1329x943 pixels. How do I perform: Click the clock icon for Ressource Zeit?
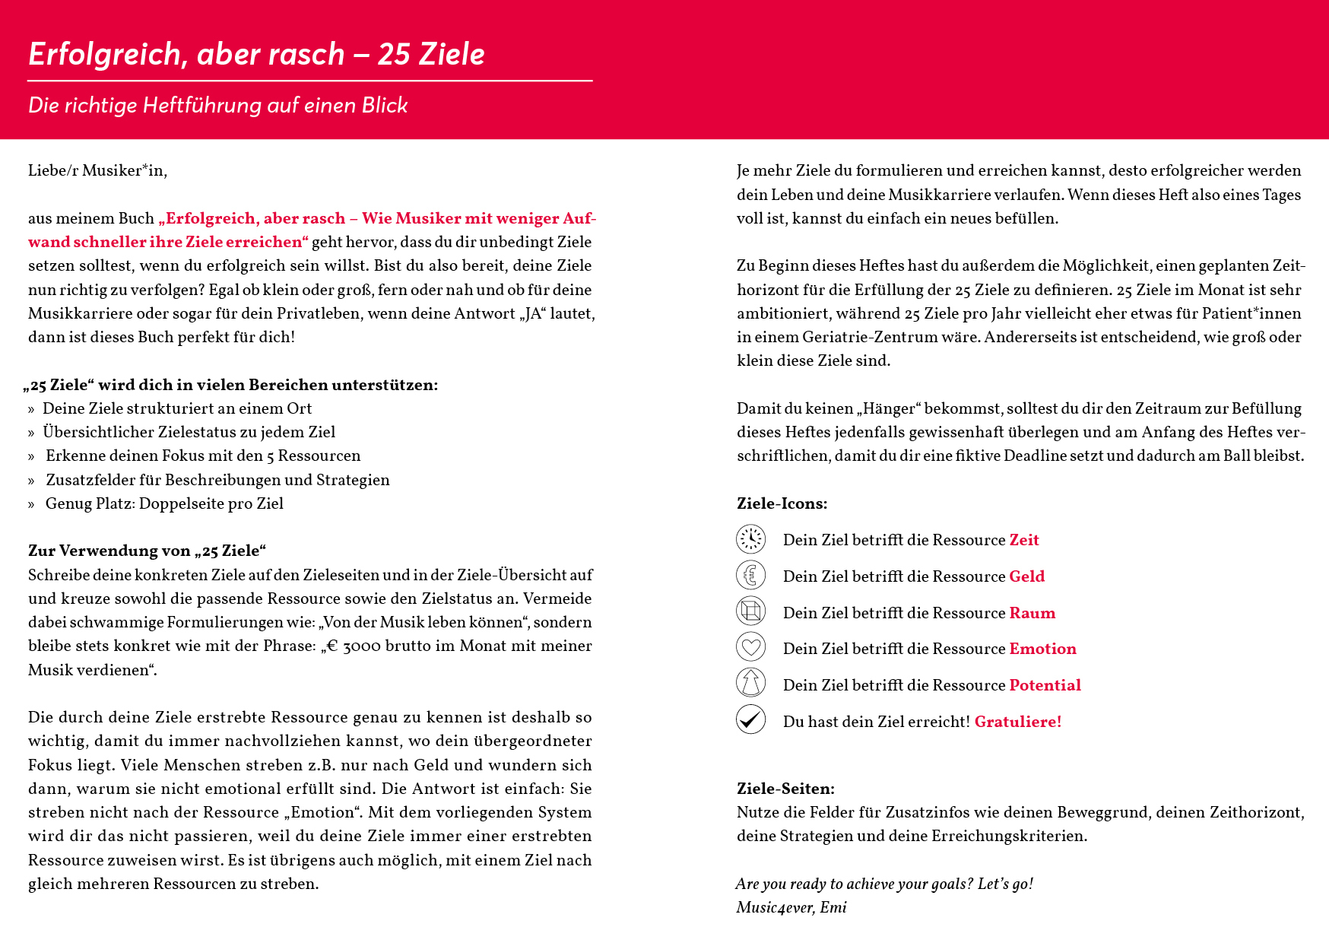point(750,538)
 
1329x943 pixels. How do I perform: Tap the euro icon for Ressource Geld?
point(750,575)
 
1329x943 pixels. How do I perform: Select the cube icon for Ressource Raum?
point(750,611)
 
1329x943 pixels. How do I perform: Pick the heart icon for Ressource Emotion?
point(750,647)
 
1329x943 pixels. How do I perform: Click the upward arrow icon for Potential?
point(750,683)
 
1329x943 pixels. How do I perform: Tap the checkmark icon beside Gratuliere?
point(750,719)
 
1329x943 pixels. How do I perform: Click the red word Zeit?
point(1023,540)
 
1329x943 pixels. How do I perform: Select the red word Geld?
point(1026,576)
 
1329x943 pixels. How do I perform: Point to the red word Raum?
point(1032,613)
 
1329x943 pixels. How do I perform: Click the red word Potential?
point(1045,685)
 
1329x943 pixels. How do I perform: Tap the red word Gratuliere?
point(1017,722)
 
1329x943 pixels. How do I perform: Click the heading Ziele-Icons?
point(782,503)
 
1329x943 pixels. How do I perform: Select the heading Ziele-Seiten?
point(785,789)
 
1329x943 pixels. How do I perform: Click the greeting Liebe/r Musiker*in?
point(97,170)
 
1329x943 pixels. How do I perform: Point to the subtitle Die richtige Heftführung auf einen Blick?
point(218,105)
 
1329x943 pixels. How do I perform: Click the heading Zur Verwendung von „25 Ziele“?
point(147,551)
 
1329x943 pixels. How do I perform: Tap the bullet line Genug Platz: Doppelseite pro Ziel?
point(164,503)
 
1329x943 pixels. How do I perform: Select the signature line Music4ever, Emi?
point(791,907)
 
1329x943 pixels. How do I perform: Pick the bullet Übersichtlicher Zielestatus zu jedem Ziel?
point(189,432)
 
